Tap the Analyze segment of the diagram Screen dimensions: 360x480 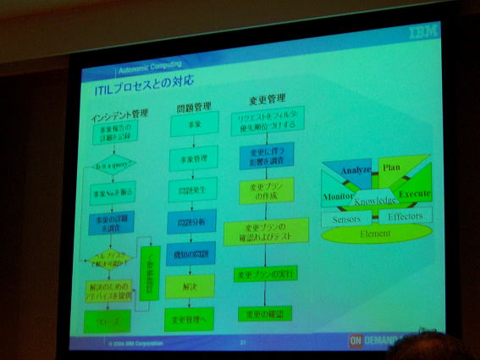pos(356,171)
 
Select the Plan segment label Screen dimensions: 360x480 pos(390,168)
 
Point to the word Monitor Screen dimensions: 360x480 pos(337,197)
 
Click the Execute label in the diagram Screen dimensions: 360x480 pos(415,194)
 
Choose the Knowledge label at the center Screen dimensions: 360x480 pos(376,201)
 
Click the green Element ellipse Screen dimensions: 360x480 pos(375,233)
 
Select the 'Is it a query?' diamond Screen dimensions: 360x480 pos(113,165)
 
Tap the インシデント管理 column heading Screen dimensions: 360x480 pos(119,114)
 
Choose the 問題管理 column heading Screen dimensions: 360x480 pos(193,108)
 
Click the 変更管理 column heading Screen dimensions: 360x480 pos(268,99)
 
